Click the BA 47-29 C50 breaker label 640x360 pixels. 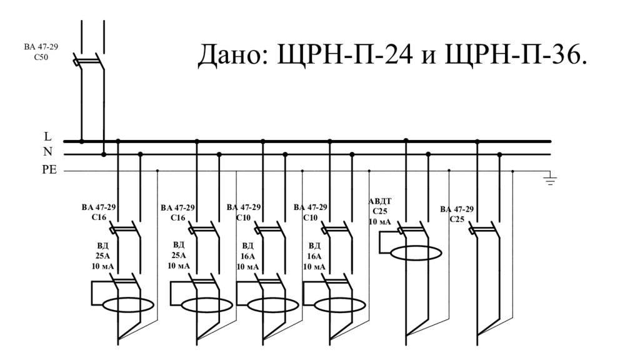[36, 51]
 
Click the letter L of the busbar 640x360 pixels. [48, 136]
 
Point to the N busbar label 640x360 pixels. [48, 152]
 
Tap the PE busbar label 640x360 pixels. [49, 169]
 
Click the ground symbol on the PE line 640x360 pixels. [550, 180]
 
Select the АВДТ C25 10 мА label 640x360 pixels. [380, 211]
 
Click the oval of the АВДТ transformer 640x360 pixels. [416, 253]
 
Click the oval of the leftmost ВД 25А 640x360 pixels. [127, 306]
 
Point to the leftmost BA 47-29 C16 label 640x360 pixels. [99, 212]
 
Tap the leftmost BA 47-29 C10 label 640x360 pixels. [244, 212]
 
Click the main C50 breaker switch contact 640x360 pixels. [89, 61]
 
